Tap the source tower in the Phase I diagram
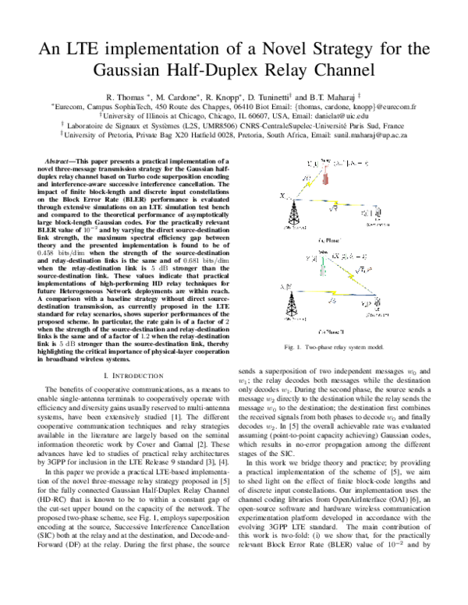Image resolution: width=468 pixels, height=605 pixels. click(292, 211)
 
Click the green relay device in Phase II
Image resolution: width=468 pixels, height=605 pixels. click(323, 269)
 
